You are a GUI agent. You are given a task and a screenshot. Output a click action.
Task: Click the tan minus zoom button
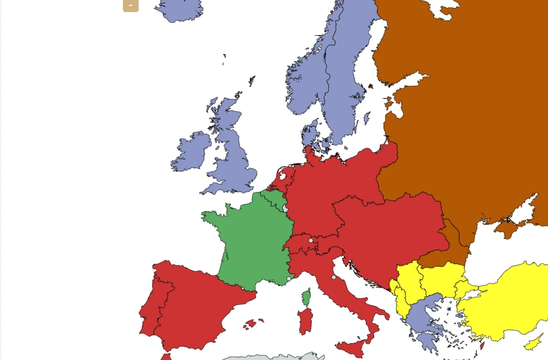pos(130,5)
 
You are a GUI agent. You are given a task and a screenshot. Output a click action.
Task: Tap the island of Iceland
pos(180,10)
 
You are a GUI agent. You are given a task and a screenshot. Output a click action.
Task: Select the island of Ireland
pos(192,152)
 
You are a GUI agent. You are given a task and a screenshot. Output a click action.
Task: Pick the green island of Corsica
pos(306,297)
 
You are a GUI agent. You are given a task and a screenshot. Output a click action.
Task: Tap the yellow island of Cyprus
pos(533,343)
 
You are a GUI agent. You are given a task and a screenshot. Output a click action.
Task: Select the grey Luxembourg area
pos(285,208)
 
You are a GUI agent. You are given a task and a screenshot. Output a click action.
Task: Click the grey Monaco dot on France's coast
pos(289,279)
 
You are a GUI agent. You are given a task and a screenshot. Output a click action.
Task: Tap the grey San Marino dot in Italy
pos(334,277)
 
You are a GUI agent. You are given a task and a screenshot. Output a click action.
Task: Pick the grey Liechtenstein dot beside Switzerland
pos(311,240)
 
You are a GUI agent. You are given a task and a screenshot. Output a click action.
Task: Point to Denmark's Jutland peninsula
pos(309,134)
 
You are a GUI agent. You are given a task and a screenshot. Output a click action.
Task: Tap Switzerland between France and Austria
pos(299,246)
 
